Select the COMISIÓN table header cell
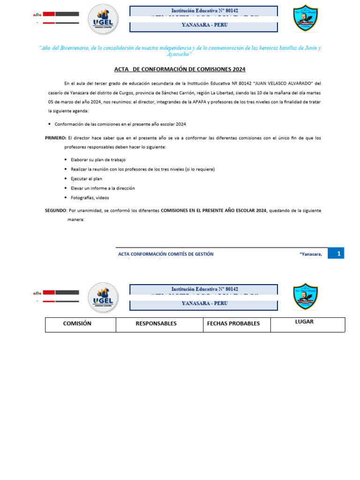(77, 324)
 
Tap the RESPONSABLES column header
(156, 324)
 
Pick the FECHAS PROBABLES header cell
(233, 324)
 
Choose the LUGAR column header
(304, 322)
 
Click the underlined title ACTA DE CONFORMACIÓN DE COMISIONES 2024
(180, 69)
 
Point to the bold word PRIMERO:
(56, 138)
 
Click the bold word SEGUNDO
(56, 211)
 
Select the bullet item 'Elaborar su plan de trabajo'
(98, 160)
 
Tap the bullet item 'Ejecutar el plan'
(86, 179)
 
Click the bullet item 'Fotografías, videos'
(90, 198)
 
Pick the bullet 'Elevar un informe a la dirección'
(103, 188)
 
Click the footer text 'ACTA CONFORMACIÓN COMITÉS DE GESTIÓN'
(165, 254)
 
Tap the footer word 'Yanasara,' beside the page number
(310, 254)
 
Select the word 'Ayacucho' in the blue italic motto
(180, 54)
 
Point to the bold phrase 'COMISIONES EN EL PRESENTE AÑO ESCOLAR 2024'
(214, 211)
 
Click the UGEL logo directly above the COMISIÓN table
(103, 297)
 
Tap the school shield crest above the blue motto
(306, 19)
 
